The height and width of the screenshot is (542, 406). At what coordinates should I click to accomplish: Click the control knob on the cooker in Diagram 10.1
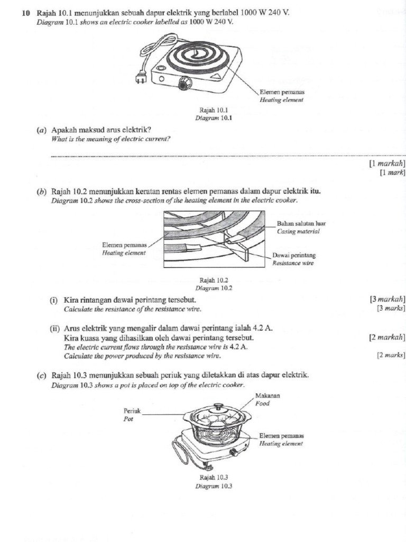(x=185, y=83)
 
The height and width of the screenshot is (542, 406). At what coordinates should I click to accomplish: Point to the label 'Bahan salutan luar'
(x=301, y=224)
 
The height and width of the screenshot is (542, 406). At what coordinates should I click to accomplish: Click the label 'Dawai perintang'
(x=294, y=255)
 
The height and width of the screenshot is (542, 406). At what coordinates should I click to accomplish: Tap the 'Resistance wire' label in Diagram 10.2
(x=293, y=263)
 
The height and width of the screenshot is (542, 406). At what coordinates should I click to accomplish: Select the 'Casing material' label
(x=298, y=231)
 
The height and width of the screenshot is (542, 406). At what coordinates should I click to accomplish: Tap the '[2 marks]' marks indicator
(x=391, y=355)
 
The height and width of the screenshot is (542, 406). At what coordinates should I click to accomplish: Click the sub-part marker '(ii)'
(x=54, y=328)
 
